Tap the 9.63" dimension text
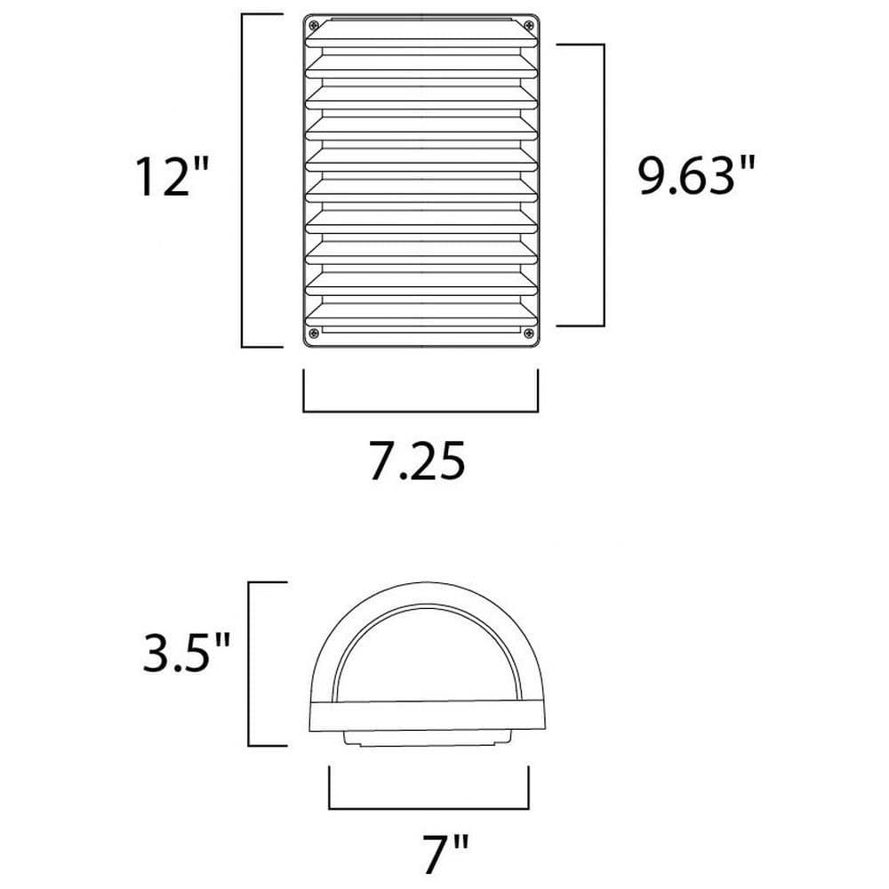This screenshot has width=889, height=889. coord(697,175)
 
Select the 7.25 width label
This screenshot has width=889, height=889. coord(417,461)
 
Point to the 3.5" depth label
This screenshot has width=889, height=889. coord(187,653)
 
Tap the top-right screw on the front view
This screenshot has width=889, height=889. coord(528,25)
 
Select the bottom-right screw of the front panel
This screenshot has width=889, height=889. coord(528,332)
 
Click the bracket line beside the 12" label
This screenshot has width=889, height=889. coord(242,180)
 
